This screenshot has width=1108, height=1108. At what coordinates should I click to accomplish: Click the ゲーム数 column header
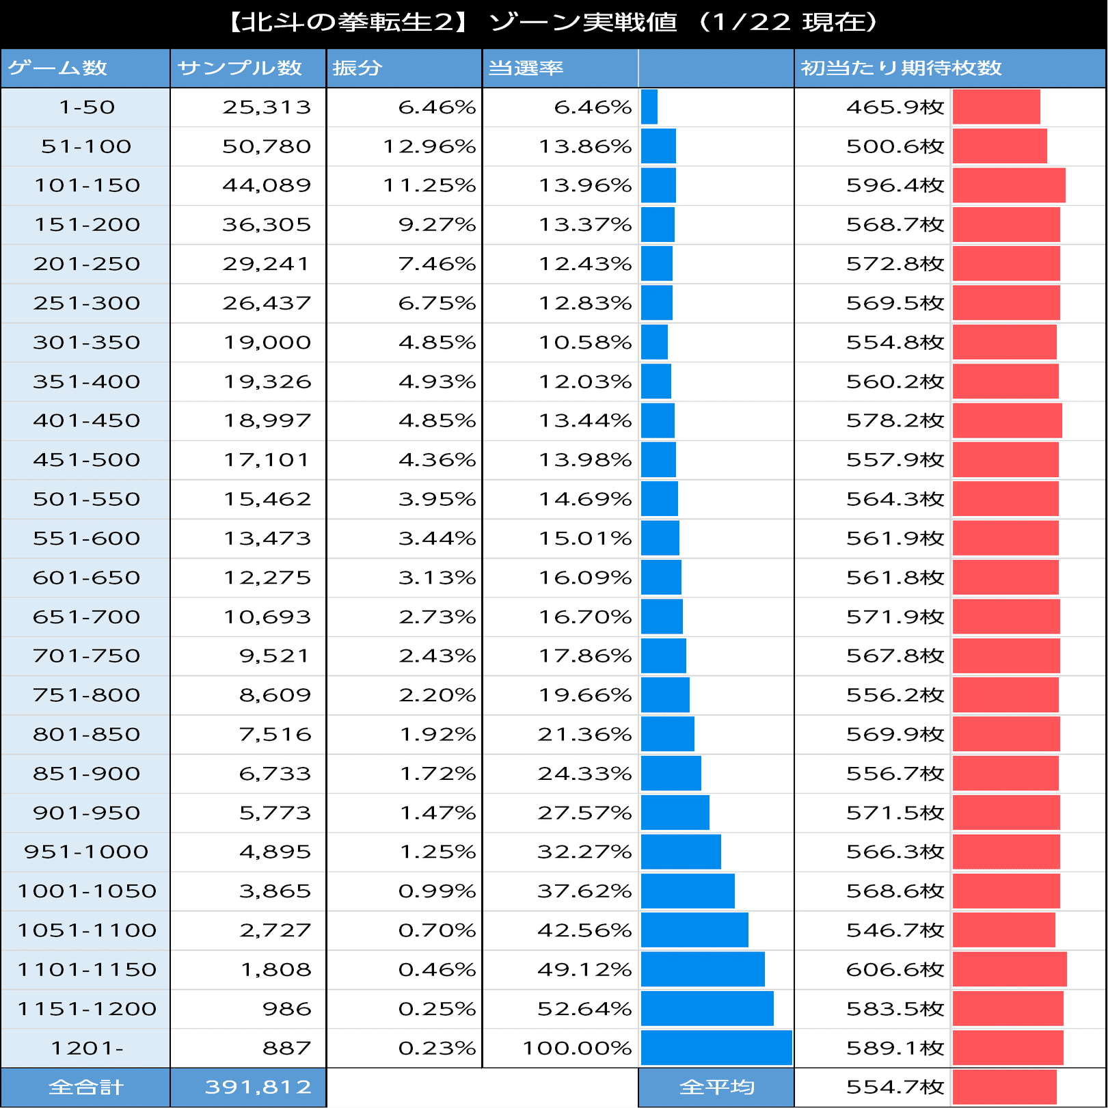57,68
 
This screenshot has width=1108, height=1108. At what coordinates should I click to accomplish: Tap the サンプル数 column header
239,68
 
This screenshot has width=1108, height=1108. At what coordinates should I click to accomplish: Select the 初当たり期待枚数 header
901,68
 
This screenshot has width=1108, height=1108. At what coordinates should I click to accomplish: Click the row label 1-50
86,107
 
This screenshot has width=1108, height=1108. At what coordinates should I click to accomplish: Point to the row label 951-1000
86,852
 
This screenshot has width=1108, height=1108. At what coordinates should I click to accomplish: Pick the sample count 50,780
267,146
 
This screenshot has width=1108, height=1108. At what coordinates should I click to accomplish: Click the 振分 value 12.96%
429,146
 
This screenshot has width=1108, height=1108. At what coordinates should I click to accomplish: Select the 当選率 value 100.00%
577,1048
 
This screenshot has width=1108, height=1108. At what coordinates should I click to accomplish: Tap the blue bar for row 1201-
716,1048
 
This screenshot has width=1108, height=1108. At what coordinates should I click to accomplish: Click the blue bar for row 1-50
649,107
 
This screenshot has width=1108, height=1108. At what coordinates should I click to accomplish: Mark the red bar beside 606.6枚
1009,969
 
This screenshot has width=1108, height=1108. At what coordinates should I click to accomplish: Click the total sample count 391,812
258,1087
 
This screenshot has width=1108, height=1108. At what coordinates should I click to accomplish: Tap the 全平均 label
716,1087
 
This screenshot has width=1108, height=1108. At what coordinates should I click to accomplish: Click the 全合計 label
86,1087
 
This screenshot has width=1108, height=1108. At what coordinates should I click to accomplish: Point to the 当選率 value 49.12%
584,969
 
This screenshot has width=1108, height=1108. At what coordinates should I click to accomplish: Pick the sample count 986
286,1009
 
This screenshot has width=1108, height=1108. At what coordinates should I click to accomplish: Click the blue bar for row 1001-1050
688,891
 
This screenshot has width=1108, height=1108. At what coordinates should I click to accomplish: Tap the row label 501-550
86,499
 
